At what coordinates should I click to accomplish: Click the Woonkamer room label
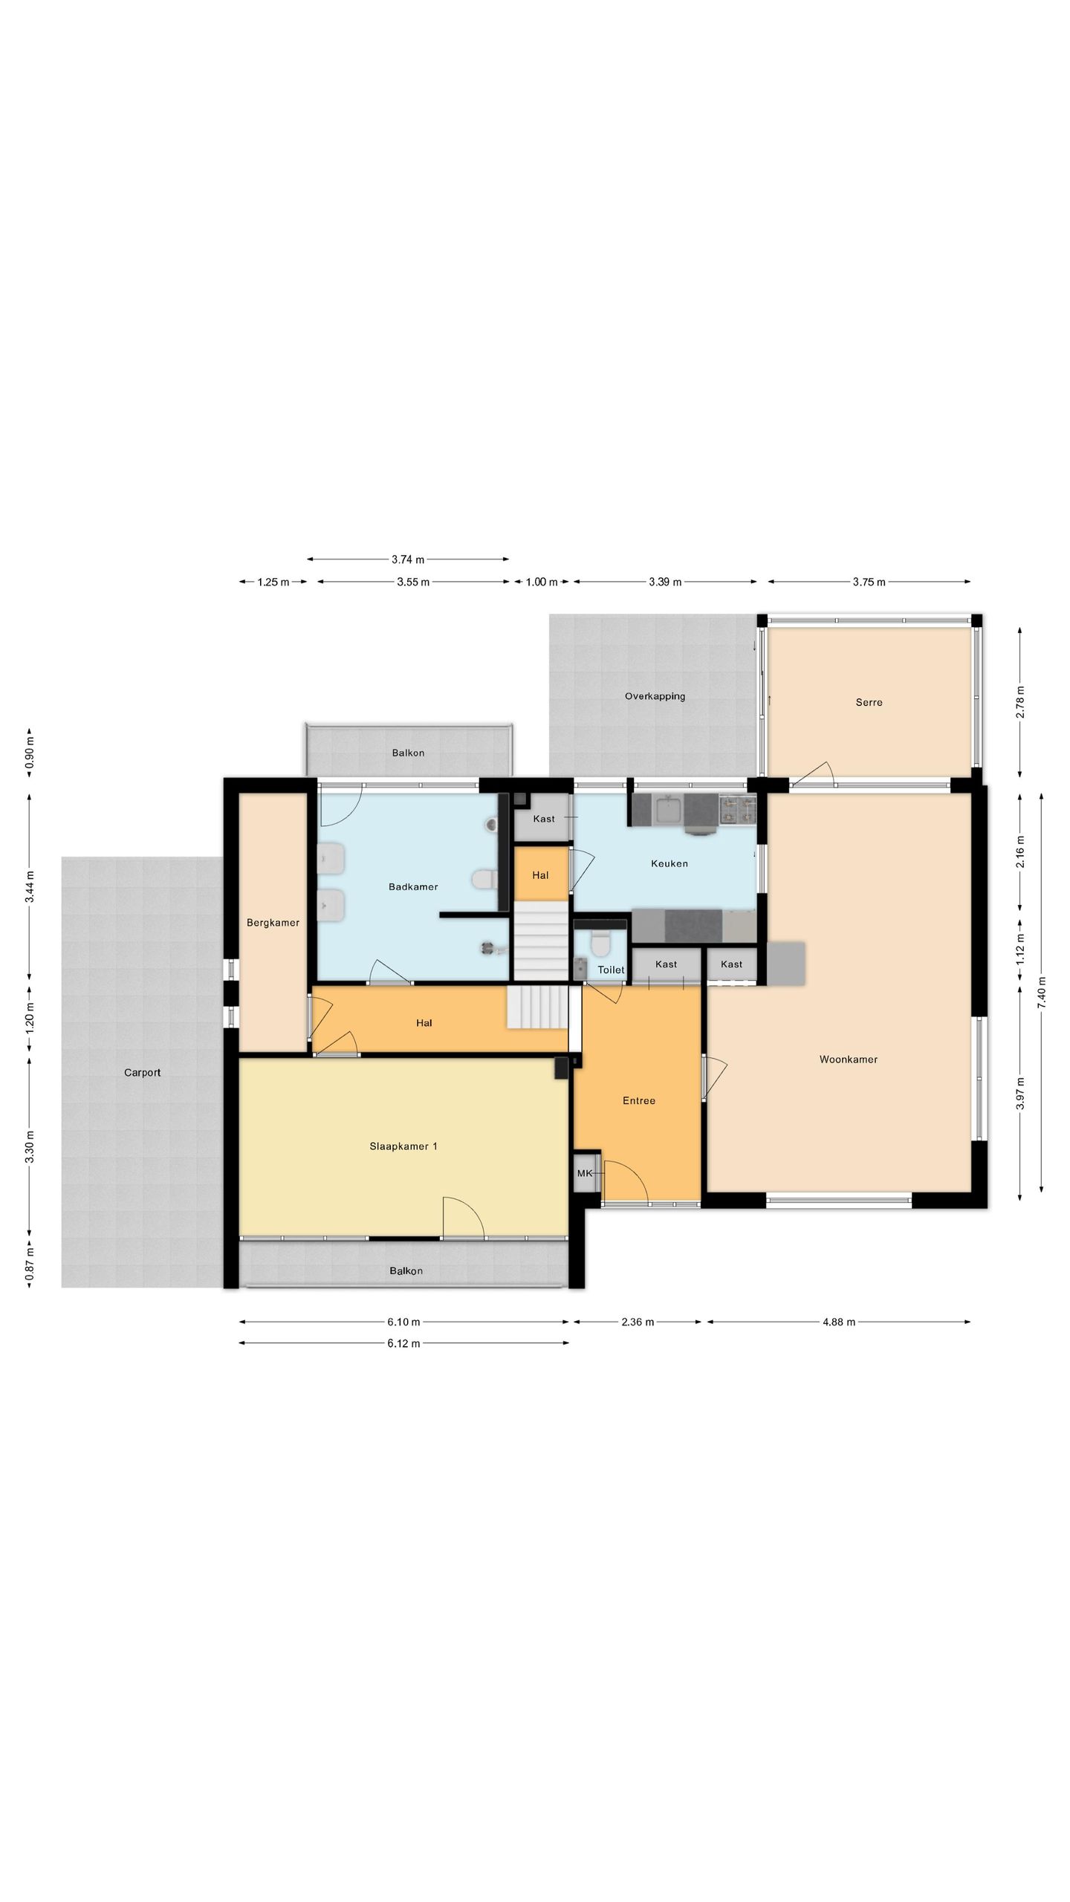pos(848,1059)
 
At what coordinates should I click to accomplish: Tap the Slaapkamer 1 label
pos(403,1146)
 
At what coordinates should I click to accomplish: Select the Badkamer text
pos(413,886)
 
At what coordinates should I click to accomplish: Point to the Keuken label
pos(669,863)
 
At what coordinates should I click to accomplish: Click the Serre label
pos(869,702)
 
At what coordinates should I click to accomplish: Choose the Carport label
pos(142,1073)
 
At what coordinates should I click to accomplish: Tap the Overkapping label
pos(655,697)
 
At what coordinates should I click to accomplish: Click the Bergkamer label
pos(273,923)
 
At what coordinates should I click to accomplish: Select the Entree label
pos(639,1101)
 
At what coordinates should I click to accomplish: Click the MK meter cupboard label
pos(585,1174)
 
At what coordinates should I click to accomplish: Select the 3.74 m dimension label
pos(408,559)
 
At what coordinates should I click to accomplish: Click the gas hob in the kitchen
pos(736,810)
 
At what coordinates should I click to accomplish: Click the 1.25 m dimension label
pos(273,582)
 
